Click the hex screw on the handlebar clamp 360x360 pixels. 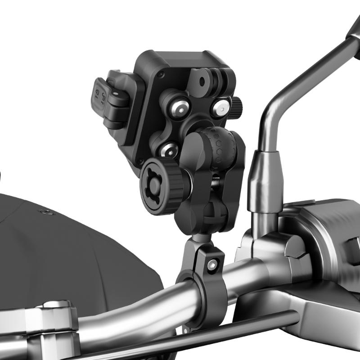click(x=211, y=265)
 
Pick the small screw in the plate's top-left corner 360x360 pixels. click(x=163, y=74)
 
